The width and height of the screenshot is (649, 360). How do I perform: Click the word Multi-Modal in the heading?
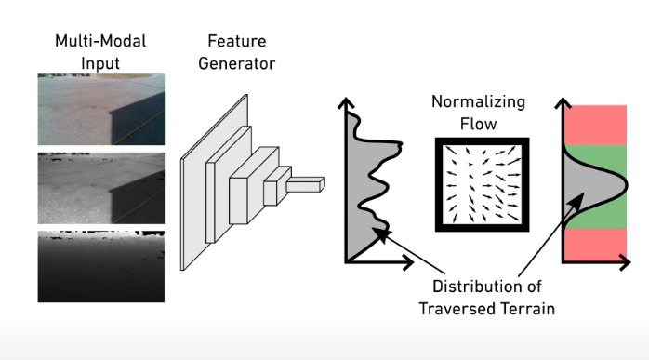pos(100,41)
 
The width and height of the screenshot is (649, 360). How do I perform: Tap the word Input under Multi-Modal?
pos(100,63)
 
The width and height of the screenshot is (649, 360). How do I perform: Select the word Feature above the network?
pos(237,41)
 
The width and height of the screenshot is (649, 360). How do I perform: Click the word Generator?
pos(237,63)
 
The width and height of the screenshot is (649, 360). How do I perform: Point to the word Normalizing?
pos(478,102)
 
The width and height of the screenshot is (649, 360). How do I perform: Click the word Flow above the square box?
pos(479,124)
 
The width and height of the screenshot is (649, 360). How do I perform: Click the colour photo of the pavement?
pos(101,110)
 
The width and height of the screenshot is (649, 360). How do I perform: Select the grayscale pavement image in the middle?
pos(101,188)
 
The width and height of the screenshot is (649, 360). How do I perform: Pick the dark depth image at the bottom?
pos(101,266)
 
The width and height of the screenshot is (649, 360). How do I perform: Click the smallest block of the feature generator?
pos(305,185)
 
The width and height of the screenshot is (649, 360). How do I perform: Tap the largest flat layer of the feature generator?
pos(214,182)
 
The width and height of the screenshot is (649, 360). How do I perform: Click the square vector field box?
pos(483,184)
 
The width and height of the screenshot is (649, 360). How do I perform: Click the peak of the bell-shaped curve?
pos(627,186)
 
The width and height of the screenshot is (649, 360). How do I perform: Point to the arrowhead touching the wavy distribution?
pos(380,233)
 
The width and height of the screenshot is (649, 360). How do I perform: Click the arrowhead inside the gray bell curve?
pos(577,201)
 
